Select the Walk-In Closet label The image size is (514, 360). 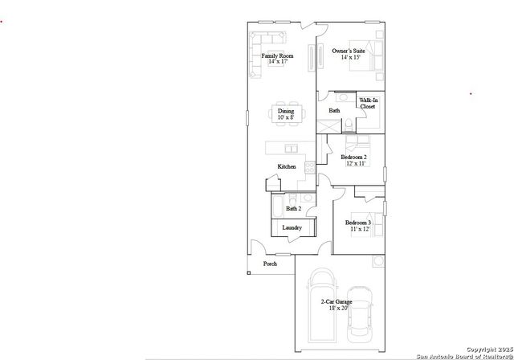click(x=368, y=103)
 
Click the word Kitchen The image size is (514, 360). click(x=287, y=166)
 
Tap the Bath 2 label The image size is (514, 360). click(x=293, y=208)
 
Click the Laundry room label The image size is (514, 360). click(x=292, y=228)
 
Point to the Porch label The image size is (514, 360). click(x=270, y=263)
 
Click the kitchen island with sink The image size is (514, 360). click(x=282, y=148)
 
